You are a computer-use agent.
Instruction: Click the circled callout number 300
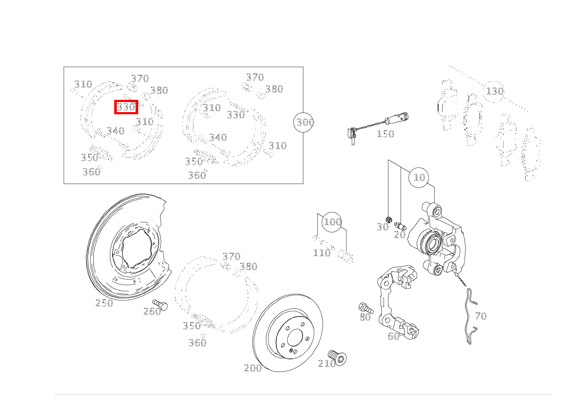tap(305, 122)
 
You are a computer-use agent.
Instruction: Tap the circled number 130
tap(494, 92)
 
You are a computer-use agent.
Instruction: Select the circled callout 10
tap(419, 177)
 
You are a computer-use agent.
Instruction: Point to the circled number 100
tap(332, 222)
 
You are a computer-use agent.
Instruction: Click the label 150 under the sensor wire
tap(385, 134)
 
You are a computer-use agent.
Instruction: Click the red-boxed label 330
tap(126, 107)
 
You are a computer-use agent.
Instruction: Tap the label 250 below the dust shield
tap(104, 303)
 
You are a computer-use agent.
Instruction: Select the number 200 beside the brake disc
tap(253, 368)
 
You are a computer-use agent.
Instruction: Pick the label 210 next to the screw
tap(327, 363)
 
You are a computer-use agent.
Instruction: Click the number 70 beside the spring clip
tap(480, 316)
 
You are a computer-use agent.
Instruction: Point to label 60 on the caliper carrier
tap(393, 336)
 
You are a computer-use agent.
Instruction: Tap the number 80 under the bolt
tap(365, 317)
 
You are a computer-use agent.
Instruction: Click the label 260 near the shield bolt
tap(152, 311)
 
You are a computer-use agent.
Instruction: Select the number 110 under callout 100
tap(322, 253)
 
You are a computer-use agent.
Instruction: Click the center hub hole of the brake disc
tap(295, 337)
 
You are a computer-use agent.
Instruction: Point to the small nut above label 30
tap(390, 219)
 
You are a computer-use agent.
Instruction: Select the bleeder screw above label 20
tap(400, 226)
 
